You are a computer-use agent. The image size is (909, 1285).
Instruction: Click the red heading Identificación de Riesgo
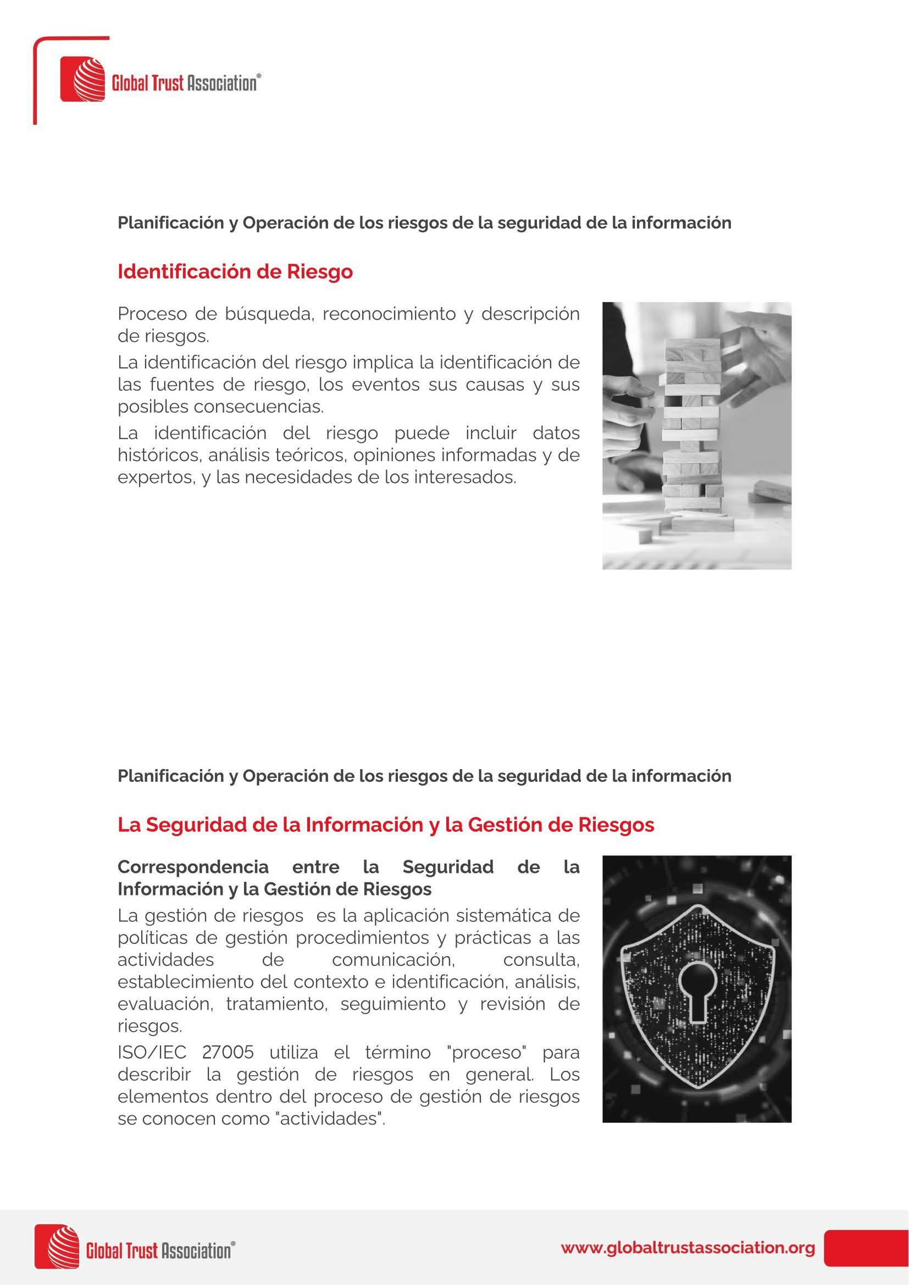[235, 271]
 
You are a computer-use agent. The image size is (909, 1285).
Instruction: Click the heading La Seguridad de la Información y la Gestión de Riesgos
[386, 825]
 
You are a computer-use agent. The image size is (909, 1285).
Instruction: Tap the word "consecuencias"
[259, 407]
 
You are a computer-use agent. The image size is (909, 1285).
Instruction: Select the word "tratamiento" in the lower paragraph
[275, 1005]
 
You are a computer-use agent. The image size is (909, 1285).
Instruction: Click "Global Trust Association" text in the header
[185, 84]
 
